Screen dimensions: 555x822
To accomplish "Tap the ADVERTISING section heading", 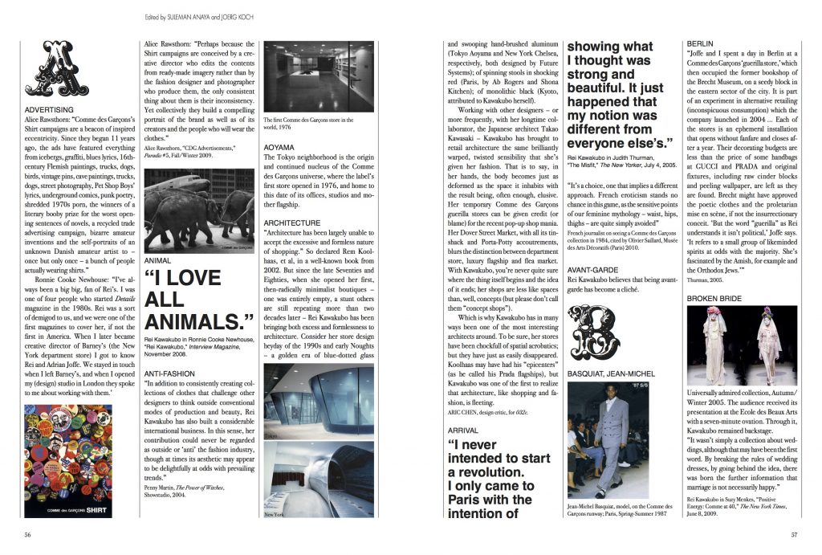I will (50, 109).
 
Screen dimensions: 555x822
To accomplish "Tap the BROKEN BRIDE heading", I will (714, 299).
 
